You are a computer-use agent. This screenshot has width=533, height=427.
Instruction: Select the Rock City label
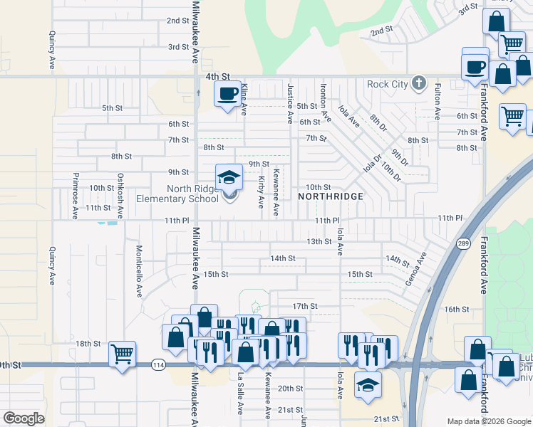coord(387,85)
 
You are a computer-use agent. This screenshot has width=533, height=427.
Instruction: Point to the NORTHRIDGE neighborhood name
coord(331,196)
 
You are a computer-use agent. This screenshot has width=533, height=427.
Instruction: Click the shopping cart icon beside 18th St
coord(123,353)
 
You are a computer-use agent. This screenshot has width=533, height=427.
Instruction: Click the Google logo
coord(24,418)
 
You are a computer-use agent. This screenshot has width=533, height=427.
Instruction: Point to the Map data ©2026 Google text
coord(488,421)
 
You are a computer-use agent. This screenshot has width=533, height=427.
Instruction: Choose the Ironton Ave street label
coord(324,101)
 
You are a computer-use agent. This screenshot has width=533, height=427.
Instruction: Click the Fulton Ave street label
coord(438,101)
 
